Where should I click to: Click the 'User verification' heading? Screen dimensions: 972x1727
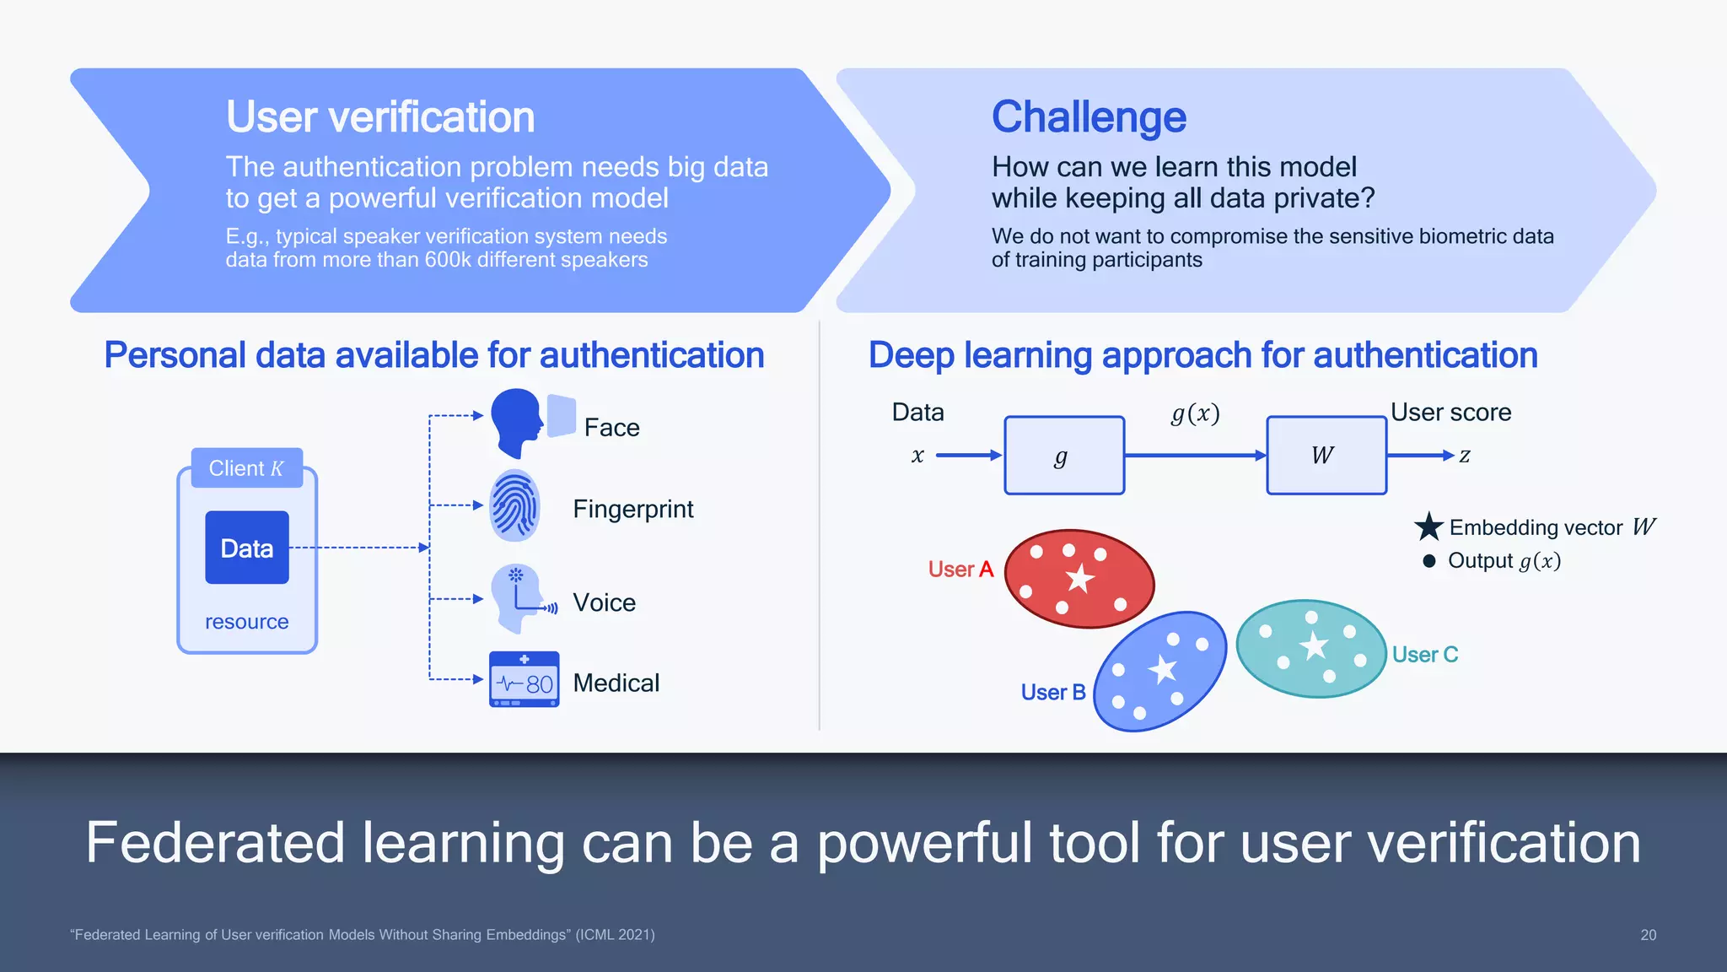[x=379, y=116]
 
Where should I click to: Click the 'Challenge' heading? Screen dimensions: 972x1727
[x=1088, y=116]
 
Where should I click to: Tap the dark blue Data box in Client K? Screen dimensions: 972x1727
[x=247, y=548]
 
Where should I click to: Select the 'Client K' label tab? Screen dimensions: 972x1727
[x=246, y=468]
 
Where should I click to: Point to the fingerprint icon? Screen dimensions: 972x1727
[x=514, y=506]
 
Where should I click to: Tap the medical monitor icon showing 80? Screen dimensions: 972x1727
[x=524, y=679]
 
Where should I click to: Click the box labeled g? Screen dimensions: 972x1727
[x=1064, y=456]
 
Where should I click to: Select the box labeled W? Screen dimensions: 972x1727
[x=1326, y=456]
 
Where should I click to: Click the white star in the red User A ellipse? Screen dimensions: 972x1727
[x=1079, y=579]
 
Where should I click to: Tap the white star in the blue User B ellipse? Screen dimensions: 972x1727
[x=1163, y=669]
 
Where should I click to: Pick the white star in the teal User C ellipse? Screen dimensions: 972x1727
[x=1314, y=646]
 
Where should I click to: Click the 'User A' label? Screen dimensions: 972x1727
[x=960, y=570]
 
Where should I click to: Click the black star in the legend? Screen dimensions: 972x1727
[x=1428, y=527]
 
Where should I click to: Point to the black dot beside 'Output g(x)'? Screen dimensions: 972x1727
[x=1428, y=561]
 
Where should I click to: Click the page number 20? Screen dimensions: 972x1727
[x=1648, y=935]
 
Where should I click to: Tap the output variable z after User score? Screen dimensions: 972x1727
[x=1465, y=456]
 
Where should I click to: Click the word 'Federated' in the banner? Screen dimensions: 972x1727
[x=215, y=843]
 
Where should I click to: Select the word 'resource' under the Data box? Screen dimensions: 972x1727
[x=246, y=622]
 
